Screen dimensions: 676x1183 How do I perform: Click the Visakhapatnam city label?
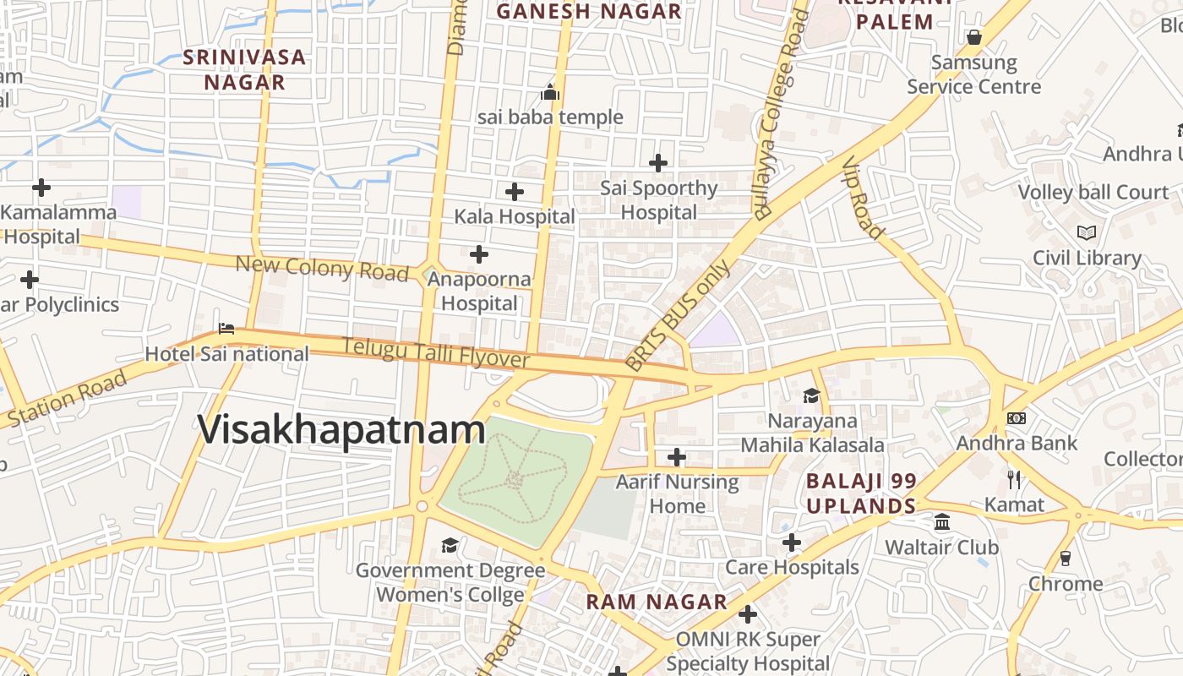point(341,429)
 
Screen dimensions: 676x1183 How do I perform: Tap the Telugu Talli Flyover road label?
point(435,352)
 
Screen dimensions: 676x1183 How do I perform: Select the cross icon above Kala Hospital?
point(514,192)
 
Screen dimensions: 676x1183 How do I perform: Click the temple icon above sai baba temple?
point(551,92)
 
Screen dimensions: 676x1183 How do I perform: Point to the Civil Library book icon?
point(1087,232)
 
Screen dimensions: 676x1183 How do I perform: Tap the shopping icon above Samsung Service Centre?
point(973,37)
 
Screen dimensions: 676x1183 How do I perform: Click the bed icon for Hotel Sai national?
point(226,329)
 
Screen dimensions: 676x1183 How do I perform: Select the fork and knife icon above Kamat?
point(1014,480)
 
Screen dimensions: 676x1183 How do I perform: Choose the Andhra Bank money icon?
point(1017,418)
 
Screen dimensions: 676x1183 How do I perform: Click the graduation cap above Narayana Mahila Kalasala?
point(811,395)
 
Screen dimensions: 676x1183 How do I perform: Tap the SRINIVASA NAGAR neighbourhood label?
point(245,70)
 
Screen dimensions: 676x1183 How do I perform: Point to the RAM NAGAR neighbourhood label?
point(657,602)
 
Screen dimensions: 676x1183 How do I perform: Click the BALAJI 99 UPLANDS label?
point(861,493)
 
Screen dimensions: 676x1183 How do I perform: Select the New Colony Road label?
point(322,268)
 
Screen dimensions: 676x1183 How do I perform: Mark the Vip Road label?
point(863,198)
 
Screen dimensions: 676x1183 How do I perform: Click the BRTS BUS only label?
point(678,316)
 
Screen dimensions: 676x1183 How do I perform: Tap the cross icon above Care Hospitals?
point(791,542)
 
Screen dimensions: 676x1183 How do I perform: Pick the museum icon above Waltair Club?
point(942,522)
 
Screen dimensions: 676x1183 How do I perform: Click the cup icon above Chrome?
point(1065,559)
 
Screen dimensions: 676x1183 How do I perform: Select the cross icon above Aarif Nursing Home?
point(677,457)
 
